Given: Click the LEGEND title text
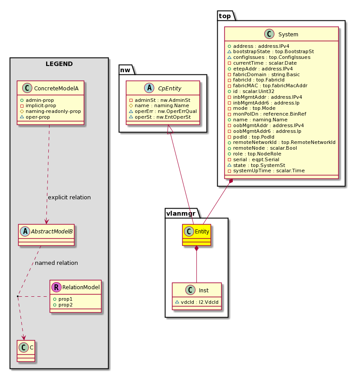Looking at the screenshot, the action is pyautogui.click(x=59, y=64).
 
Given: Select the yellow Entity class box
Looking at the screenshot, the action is pyautogui.click(x=196, y=235).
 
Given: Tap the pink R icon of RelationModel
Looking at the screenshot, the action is pyautogui.click(x=56, y=287).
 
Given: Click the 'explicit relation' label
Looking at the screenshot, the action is pyautogui.click(x=69, y=197).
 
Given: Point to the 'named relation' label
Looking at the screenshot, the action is pyautogui.click(x=56, y=263).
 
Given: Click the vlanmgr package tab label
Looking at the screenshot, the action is pyautogui.click(x=181, y=213).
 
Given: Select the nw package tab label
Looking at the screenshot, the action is pyautogui.click(x=125, y=70).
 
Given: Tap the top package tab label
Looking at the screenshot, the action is pyautogui.click(x=225, y=16).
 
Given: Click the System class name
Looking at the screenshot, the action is pyautogui.click(x=288, y=35).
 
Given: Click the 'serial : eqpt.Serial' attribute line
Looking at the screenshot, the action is pyautogui.click(x=254, y=159).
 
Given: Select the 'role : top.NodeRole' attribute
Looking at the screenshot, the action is pyautogui.click(x=254, y=154).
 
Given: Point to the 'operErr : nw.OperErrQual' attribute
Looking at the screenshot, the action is pyautogui.click(x=163, y=111).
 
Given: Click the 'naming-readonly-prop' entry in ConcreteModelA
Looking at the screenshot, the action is pyautogui.click(x=51, y=111).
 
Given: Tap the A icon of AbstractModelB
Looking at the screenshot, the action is pyautogui.click(x=25, y=232).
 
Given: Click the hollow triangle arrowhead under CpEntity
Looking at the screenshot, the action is pyautogui.click(x=170, y=129).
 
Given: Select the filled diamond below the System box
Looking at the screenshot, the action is pyautogui.click(x=231, y=181).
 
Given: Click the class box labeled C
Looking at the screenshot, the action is pyautogui.click(x=26, y=351).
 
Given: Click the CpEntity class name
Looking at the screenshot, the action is pyautogui.click(x=169, y=89).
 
